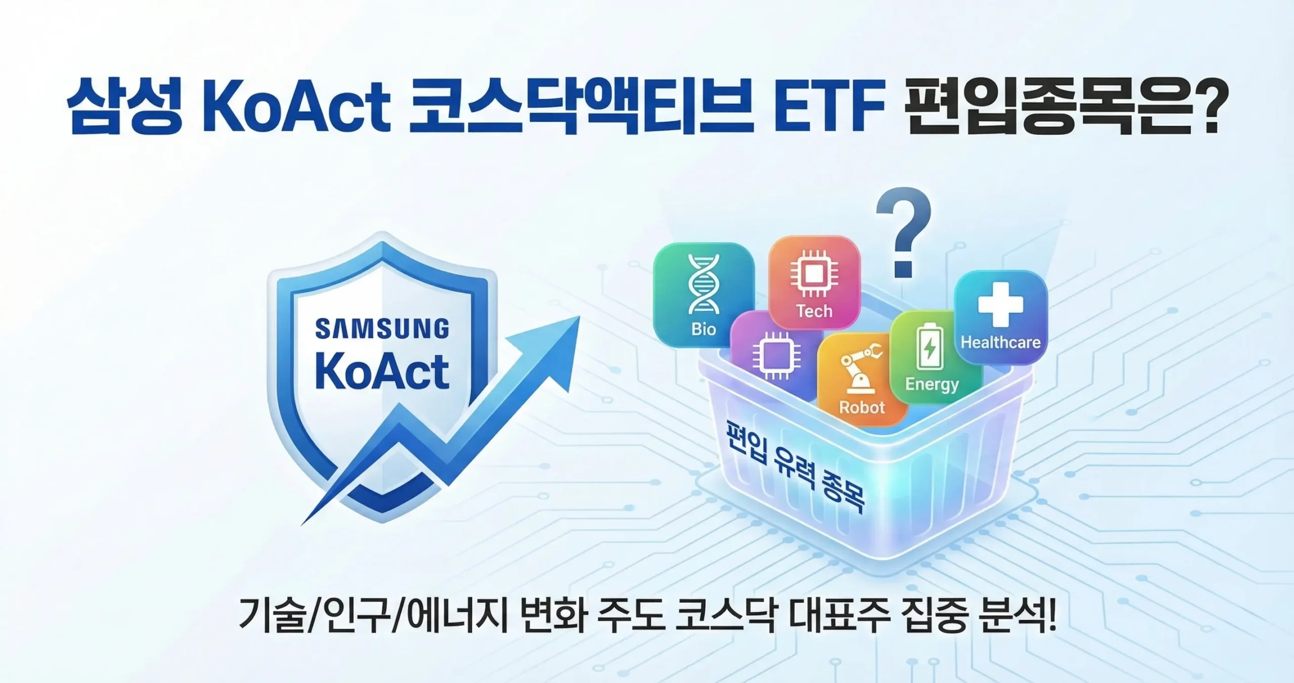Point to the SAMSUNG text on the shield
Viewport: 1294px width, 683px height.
pos(382,329)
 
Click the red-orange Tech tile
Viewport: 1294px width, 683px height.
pos(814,283)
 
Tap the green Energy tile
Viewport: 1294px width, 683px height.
pos(932,359)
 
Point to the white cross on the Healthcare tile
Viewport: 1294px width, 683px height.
pos(1000,304)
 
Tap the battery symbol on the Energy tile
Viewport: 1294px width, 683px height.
pos(930,348)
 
